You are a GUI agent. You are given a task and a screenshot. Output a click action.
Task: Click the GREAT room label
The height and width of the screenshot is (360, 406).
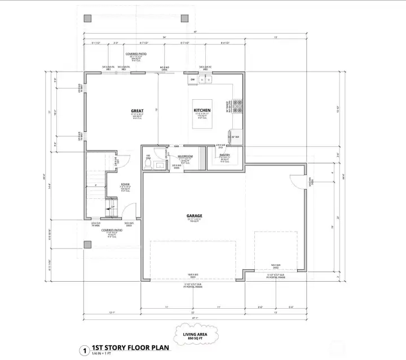(137, 111)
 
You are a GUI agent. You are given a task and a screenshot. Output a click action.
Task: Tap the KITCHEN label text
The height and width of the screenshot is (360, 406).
(202, 110)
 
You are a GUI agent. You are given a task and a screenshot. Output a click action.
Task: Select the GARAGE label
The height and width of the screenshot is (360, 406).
(195, 215)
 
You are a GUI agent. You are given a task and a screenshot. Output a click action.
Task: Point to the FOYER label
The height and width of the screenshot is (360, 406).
(125, 184)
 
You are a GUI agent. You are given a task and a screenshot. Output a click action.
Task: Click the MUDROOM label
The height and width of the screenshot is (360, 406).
(186, 156)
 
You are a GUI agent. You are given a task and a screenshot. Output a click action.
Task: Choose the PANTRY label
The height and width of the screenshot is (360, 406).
(224, 154)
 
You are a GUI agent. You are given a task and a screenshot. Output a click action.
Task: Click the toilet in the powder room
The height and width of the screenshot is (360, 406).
(161, 165)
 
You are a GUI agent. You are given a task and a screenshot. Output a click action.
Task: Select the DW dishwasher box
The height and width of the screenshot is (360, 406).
(192, 80)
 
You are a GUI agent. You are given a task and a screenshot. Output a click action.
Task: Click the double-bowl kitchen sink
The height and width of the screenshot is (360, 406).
(205, 80)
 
